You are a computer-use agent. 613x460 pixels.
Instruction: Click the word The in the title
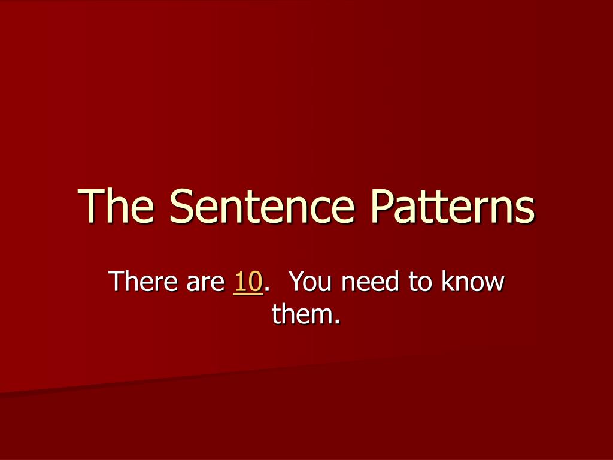pyautogui.click(x=116, y=206)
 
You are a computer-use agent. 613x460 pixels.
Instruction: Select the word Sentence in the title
pyautogui.click(x=262, y=206)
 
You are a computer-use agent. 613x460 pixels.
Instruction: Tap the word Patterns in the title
pyautogui.click(x=453, y=206)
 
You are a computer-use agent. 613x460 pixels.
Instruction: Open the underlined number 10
pyautogui.click(x=248, y=282)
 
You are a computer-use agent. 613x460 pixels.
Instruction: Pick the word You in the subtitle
pyautogui.click(x=311, y=282)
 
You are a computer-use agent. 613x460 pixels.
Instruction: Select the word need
pyautogui.click(x=370, y=282)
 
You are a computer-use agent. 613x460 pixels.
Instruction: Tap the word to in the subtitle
pyautogui.click(x=421, y=283)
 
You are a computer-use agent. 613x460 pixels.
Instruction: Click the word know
pyautogui.click(x=474, y=282)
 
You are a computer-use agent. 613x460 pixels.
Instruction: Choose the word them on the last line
pyautogui.click(x=301, y=313)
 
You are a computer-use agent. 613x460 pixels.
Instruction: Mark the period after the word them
pyautogui.click(x=337, y=322)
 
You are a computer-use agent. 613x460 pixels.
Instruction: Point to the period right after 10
pyautogui.click(x=267, y=290)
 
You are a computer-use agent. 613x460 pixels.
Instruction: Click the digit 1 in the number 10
pyautogui.click(x=239, y=282)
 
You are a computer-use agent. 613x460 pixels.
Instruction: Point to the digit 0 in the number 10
pyautogui.click(x=255, y=282)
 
